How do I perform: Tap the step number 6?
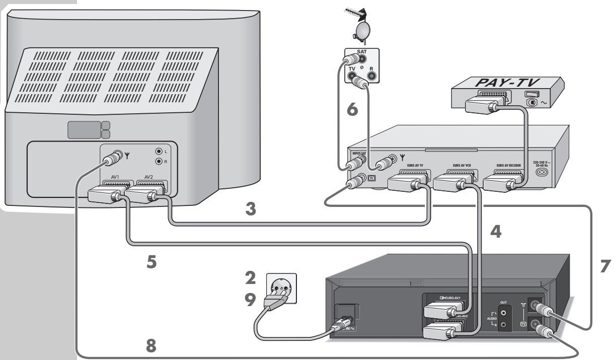tap(353, 109)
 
